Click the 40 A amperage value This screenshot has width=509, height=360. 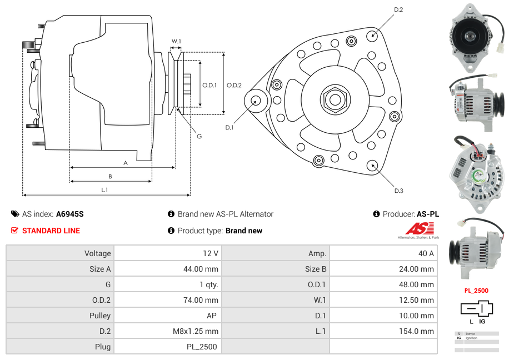tap(426, 253)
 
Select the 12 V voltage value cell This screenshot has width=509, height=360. tap(211, 253)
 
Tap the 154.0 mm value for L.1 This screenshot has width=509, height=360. tap(420, 331)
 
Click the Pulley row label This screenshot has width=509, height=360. tap(100, 316)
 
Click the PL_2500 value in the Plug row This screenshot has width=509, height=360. tap(202, 347)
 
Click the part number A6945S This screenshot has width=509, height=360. tap(69, 214)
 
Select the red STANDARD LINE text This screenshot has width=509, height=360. tap(51, 231)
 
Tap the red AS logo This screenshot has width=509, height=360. tap(418, 228)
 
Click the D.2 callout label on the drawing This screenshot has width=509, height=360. tap(398, 10)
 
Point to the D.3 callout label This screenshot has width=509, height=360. tap(398, 191)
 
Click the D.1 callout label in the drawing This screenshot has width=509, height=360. tap(229, 127)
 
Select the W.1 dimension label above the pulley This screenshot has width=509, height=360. tap(176, 41)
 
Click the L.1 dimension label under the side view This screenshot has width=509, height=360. tap(104, 190)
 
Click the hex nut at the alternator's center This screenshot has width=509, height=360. tap(335, 99)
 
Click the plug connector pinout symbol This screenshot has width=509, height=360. tap(476, 308)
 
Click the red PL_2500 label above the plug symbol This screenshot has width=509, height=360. tap(476, 291)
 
